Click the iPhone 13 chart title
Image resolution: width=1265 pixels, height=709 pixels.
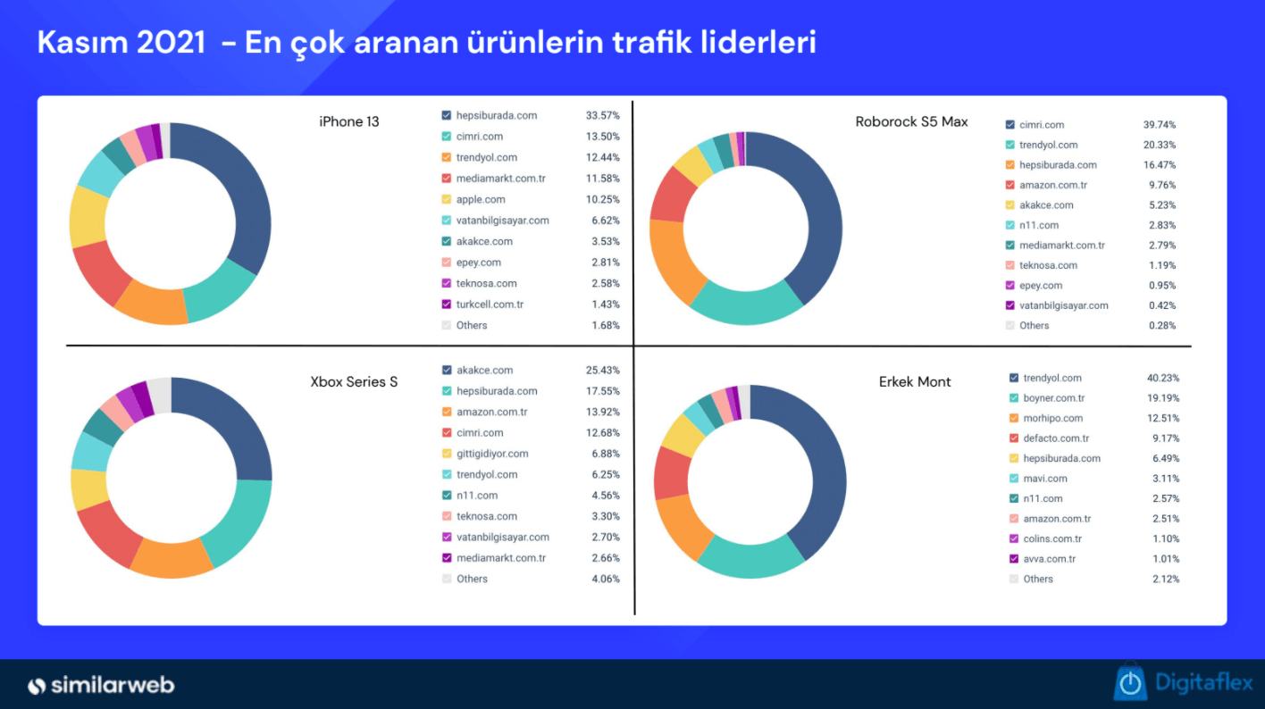(349, 121)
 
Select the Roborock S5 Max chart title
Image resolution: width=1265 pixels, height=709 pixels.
(911, 121)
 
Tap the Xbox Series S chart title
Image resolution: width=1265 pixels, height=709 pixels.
(354, 382)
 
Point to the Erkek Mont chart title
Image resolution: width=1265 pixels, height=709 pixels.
(915, 382)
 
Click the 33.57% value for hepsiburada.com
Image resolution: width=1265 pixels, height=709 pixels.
(603, 115)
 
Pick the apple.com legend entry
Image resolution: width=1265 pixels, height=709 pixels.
(480, 199)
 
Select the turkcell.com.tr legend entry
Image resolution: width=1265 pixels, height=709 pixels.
(489, 304)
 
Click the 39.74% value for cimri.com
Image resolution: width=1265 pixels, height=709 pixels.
(1160, 125)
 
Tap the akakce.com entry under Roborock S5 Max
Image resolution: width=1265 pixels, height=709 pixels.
(1047, 205)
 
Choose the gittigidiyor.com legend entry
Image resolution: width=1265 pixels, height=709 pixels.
(491, 454)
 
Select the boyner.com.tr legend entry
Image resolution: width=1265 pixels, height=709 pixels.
(1053, 398)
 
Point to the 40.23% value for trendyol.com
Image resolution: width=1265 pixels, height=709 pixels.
(1163, 378)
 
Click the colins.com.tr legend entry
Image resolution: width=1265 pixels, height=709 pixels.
(1051, 538)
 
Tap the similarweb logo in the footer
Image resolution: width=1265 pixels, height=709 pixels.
(101, 686)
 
